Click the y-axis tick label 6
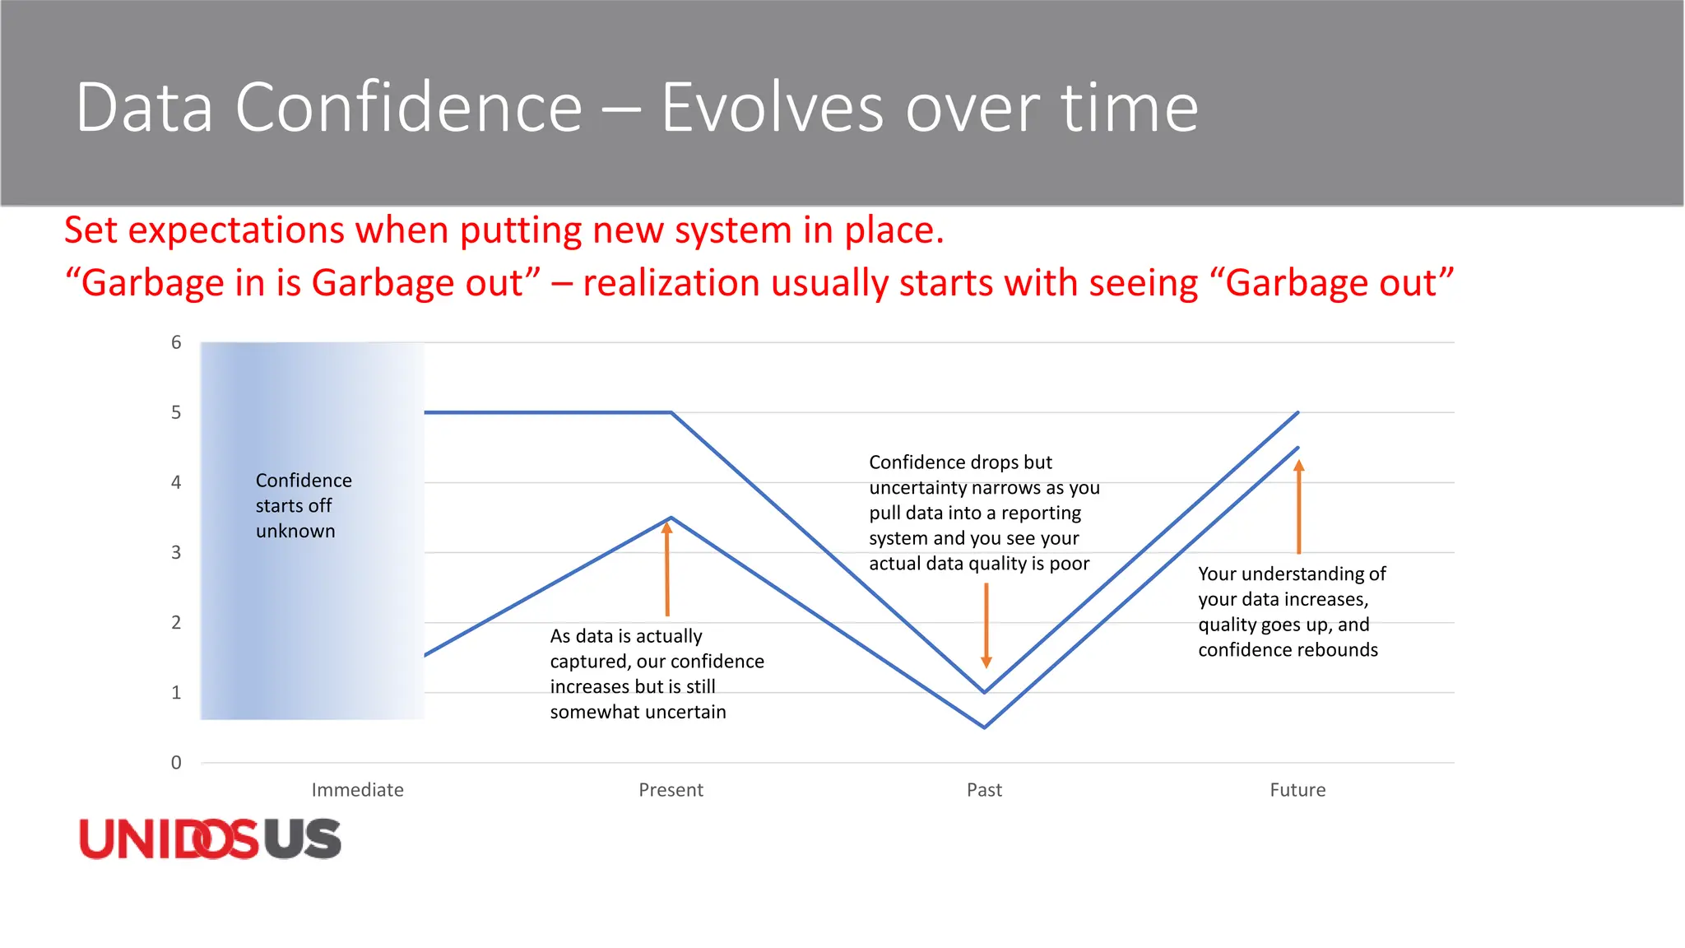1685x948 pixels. tap(176, 342)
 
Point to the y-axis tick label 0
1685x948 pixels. tap(176, 763)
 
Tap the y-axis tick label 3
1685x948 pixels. tap(176, 552)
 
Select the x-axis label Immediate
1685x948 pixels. tap(357, 790)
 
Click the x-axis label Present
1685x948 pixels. tap(671, 790)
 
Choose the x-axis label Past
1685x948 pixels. tap(984, 790)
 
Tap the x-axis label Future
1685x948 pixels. tap(1297, 790)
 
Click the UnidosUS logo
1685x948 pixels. tap(210, 839)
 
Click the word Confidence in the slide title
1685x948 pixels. tap(409, 108)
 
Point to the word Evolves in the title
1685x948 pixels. tap(772, 108)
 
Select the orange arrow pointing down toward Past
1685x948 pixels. tap(986, 625)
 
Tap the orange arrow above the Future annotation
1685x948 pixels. tap(1298, 507)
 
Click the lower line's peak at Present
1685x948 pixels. tap(671, 518)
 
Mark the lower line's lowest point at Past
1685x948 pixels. tap(984, 727)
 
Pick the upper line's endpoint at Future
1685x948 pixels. tap(1297, 412)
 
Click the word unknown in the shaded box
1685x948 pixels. tap(295, 531)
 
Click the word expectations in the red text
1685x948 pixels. tap(237, 230)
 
